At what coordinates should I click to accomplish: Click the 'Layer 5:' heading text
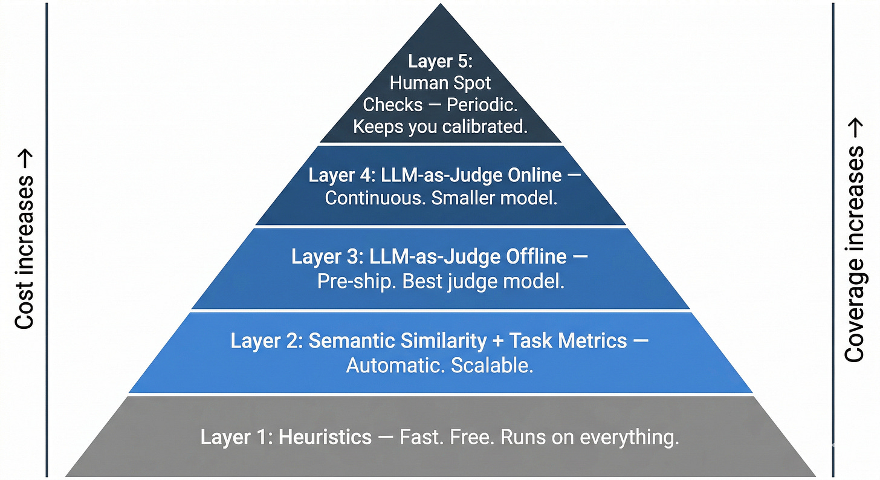439,61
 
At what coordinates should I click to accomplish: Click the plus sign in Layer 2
497,340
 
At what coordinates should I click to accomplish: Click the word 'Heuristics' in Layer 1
325,437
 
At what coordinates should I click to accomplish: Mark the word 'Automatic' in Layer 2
392,365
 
